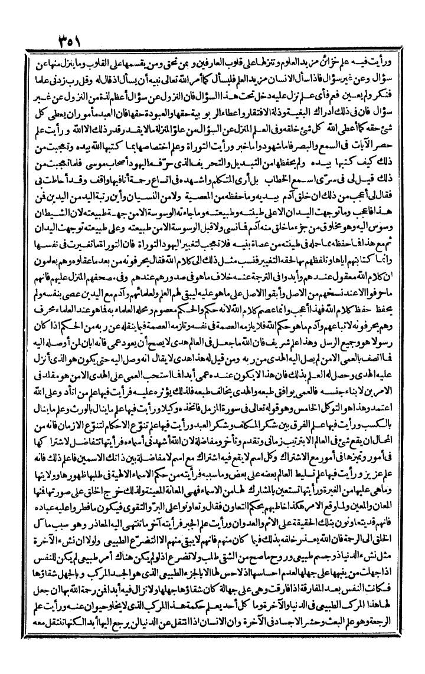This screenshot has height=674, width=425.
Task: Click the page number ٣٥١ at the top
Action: (76, 43)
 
